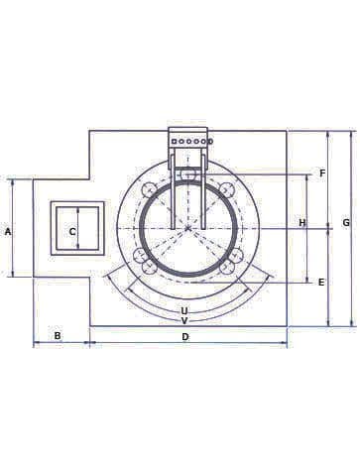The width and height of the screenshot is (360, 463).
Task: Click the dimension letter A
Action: click(x=8, y=232)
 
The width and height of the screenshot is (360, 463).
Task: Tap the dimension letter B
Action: click(x=58, y=336)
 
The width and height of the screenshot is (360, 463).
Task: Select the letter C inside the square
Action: click(x=72, y=232)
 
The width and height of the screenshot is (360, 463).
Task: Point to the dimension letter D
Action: click(x=185, y=337)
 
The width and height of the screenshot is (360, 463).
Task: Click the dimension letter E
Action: click(x=320, y=283)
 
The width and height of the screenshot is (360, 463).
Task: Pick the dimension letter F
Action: click(x=322, y=173)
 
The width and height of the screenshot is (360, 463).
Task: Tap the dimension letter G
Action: click(x=345, y=222)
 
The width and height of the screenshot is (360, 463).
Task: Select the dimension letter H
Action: click(x=302, y=222)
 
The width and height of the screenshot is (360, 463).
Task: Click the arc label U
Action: click(x=184, y=310)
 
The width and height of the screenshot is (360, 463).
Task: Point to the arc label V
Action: click(x=184, y=320)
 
